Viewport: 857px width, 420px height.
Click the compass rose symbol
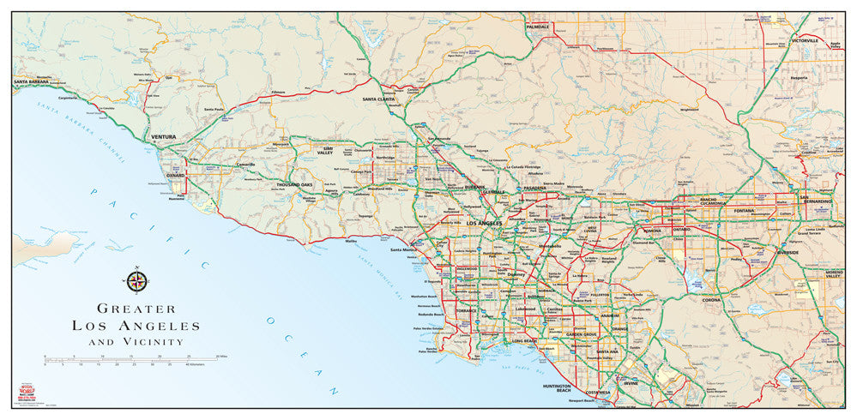[136, 281]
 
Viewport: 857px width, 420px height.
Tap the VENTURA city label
[163, 136]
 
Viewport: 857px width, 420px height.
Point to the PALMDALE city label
[537, 27]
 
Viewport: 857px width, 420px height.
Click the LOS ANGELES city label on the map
[482, 223]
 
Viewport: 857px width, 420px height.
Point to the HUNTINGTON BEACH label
[563, 388]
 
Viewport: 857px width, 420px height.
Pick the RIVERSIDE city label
[787, 253]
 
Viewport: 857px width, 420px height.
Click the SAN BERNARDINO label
[817, 201]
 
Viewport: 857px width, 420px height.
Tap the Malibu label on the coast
[351, 241]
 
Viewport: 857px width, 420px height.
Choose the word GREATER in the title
[136, 309]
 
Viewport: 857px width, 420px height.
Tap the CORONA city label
[712, 300]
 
